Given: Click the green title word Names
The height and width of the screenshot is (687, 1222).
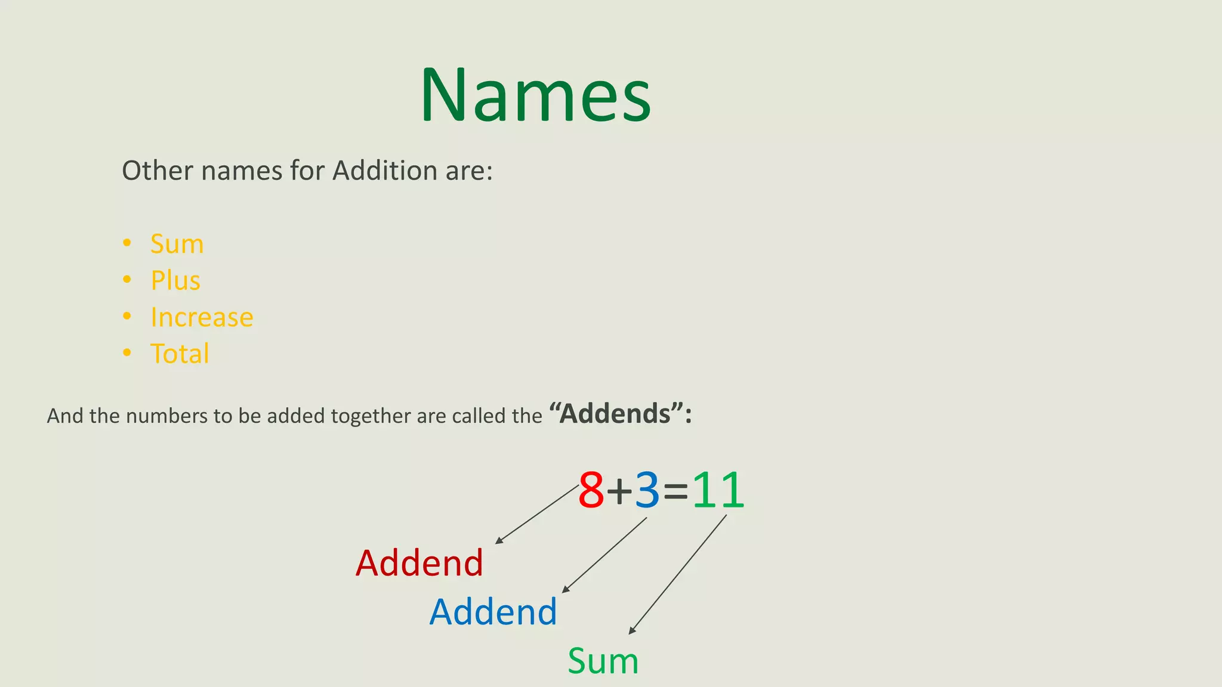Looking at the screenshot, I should tap(535, 95).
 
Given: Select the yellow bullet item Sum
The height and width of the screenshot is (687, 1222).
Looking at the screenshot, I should tap(177, 244).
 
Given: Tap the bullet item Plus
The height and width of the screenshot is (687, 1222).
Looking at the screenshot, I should tap(175, 280).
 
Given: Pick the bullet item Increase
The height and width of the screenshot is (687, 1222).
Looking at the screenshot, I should tap(202, 317).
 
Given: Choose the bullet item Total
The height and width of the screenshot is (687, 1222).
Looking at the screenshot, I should tap(180, 354).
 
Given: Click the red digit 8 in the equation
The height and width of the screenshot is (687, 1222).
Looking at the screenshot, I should tap(591, 490).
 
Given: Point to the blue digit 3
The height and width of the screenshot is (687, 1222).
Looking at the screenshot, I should tap(647, 490).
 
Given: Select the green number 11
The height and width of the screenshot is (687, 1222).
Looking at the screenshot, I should tap(718, 490).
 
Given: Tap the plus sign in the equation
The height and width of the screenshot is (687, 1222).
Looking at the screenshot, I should tap(619, 491).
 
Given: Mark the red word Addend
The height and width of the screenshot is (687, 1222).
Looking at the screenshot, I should tap(419, 563).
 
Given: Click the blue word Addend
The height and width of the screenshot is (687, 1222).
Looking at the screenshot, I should tap(493, 612).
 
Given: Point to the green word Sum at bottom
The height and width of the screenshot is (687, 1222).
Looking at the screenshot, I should tap(603, 661).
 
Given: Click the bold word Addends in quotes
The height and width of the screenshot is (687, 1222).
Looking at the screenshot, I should tap(615, 414).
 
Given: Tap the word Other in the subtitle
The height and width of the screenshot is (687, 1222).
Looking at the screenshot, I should tap(158, 171).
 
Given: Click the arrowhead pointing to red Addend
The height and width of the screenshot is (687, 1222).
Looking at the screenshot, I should tap(499, 541).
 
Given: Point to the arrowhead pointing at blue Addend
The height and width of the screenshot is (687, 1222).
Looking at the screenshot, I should tap(566, 590).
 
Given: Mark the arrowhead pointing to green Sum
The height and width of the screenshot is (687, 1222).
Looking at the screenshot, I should tap(632, 631).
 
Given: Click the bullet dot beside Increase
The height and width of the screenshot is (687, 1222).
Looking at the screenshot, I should tap(126, 316).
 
